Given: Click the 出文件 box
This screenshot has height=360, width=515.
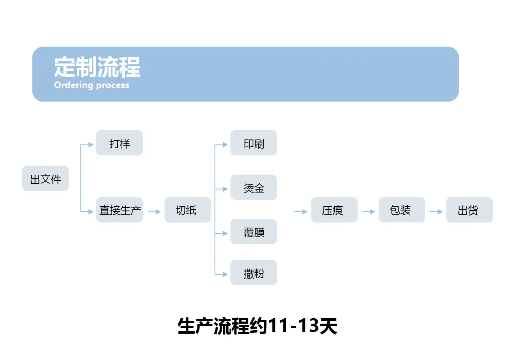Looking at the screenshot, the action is (45, 178).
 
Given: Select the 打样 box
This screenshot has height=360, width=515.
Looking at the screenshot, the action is (119, 143).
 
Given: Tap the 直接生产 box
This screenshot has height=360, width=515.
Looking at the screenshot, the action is (119, 210).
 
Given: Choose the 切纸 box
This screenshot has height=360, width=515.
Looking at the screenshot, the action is (188, 210).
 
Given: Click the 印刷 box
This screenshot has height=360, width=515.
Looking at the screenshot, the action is (254, 143).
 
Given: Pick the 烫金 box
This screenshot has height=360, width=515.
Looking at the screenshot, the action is (254, 187).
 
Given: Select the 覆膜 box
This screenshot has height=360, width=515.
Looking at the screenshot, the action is (254, 232).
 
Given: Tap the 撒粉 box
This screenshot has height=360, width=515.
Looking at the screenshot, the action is (254, 273).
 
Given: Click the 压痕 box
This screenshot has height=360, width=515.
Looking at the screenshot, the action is (334, 210).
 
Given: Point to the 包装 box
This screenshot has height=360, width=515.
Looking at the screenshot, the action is (402, 210).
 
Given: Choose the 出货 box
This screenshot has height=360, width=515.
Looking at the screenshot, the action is (470, 210).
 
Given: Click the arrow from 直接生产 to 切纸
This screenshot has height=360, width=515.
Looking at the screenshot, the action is (154, 212).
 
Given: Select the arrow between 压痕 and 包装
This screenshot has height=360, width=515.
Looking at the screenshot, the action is (369, 212).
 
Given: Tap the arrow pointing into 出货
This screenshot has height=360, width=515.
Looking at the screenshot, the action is (436, 212).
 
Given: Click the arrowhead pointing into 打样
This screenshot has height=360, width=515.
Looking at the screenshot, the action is (91, 145).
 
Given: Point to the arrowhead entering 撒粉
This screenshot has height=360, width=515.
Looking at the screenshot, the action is (225, 274).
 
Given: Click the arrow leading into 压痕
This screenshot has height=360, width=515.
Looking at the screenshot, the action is (301, 212).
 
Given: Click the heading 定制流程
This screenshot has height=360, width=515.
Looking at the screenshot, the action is (97, 67).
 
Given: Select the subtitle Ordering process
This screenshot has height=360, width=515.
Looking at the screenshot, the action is (91, 85).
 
